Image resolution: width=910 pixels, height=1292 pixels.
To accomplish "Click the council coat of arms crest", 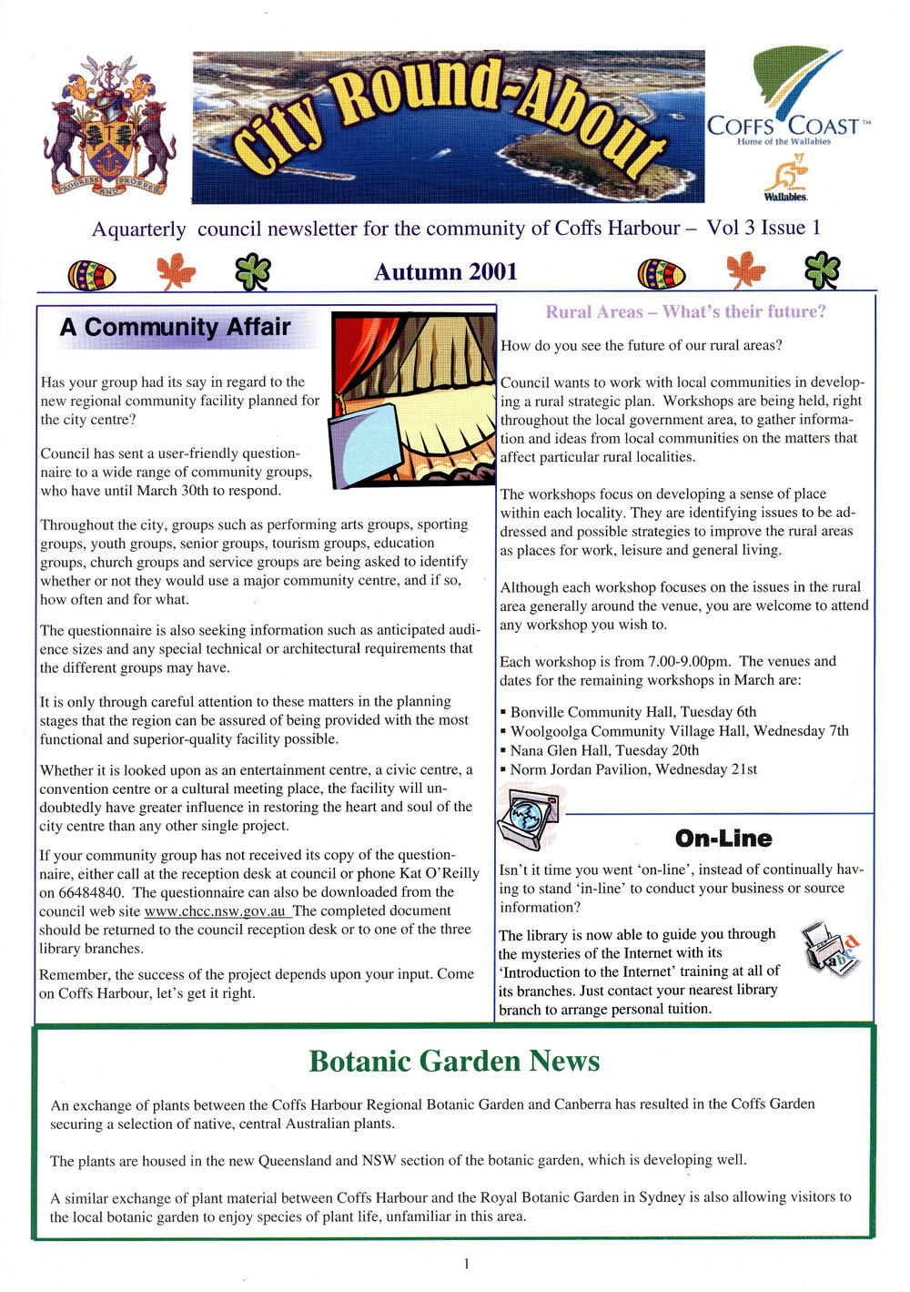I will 110,127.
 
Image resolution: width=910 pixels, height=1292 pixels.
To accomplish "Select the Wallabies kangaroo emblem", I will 785,178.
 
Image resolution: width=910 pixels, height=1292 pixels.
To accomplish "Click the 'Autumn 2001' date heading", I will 445,271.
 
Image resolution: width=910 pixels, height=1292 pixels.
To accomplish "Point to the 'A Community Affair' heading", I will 175,328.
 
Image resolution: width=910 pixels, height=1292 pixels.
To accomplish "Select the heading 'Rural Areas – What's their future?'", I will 685,312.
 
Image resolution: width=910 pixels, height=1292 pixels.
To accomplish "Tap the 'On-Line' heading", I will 723,839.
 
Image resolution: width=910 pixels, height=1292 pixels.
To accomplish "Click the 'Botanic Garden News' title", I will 454,1062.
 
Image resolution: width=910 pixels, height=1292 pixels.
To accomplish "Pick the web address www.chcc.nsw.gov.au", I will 216,911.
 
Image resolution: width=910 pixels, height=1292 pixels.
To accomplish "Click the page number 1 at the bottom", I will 466,1264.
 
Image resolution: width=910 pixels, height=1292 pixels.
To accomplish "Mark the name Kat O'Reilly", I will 437,873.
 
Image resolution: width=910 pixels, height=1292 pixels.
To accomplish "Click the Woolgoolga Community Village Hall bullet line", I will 678,731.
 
